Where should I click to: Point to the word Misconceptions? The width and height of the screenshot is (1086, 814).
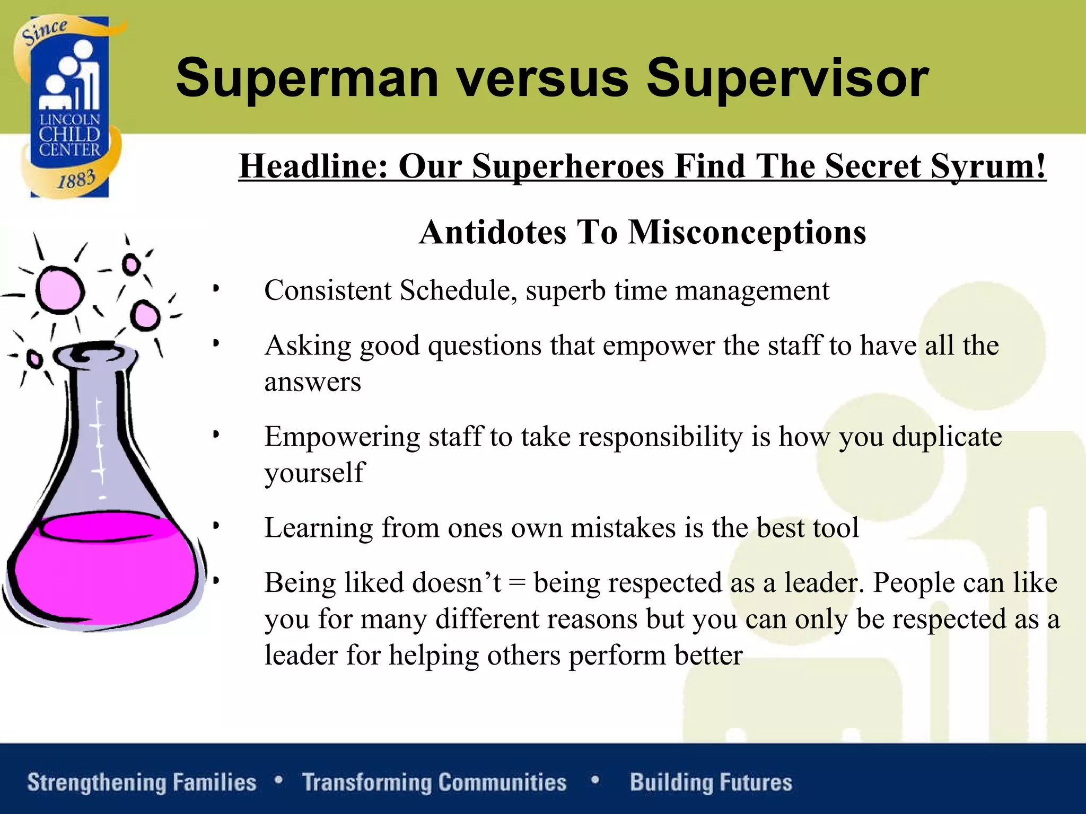747,232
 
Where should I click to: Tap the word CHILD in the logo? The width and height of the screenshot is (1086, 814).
69,135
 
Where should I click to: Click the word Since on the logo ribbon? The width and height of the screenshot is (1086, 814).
45,32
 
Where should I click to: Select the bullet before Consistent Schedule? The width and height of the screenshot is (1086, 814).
216,289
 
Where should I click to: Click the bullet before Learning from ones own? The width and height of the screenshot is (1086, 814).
216,526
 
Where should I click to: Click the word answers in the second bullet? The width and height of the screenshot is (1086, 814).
312,382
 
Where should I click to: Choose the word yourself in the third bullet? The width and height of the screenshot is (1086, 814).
314,473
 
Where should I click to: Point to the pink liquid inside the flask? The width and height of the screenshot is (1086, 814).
101,572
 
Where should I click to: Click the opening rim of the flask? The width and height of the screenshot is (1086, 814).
90,353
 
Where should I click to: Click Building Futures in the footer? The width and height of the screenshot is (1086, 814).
711,782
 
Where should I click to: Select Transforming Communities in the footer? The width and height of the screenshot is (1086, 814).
434,782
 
